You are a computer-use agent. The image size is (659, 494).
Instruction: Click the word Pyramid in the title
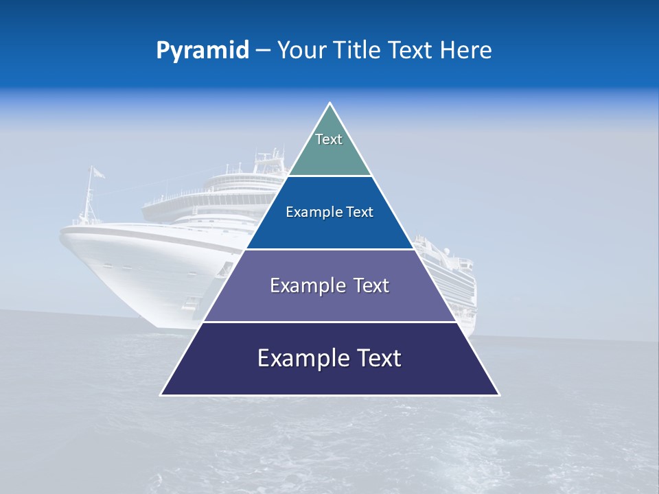tap(203, 51)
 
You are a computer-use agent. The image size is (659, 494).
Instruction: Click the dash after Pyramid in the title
tap(263, 51)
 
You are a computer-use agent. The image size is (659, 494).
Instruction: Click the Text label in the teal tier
tap(329, 139)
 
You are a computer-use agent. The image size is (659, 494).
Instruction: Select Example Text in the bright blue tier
tap(329, 212)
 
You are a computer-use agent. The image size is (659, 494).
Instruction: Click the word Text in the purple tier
tap(371, 285)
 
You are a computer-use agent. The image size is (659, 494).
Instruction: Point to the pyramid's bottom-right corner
tap(498, 394)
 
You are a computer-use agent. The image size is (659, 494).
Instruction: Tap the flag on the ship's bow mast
tap(99, 172)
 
